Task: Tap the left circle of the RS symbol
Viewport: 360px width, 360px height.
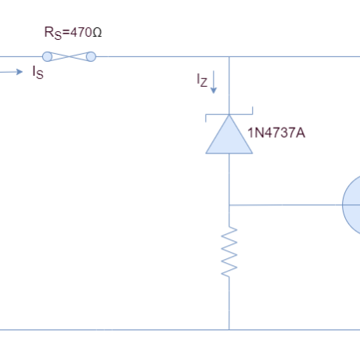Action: point(48,56)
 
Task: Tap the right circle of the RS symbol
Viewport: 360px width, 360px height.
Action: point(91,56)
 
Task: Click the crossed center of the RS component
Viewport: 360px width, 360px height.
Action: point(69,56)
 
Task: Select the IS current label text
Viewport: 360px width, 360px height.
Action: point(38,75)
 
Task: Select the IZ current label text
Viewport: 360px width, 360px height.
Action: point(203,81)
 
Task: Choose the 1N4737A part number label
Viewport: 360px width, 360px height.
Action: point(275,131)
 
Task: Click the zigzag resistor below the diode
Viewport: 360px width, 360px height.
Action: point(229,252)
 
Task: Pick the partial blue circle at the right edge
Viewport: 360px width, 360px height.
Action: point(351,205)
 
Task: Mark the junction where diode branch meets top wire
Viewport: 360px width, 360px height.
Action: point(229,56)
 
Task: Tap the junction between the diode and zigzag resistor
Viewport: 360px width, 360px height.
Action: point(229,205)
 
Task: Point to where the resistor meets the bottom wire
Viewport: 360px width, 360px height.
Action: point(229,329)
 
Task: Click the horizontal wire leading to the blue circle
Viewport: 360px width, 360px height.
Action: point(285,205)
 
